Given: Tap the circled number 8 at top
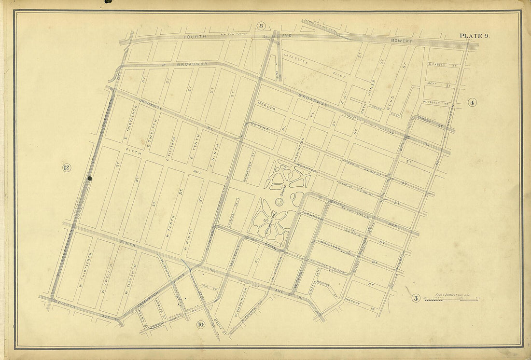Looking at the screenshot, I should point(261,26).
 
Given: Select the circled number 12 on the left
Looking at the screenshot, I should point(67,168).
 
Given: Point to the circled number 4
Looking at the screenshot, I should point(472,102).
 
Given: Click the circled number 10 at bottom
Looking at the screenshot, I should point(201,324).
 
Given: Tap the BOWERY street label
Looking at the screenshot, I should point(402,42).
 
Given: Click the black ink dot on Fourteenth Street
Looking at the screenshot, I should point(90,178).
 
